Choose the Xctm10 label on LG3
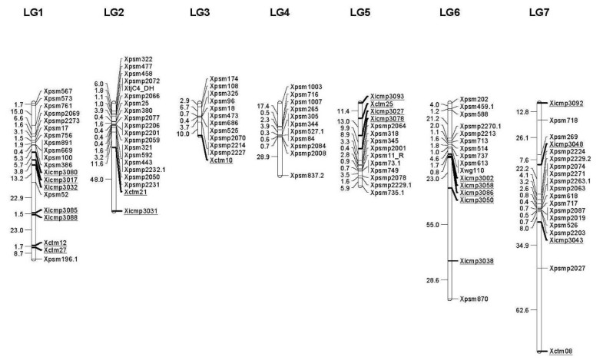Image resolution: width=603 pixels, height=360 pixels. pos(221,161)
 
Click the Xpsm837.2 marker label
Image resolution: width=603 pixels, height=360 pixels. pos(308,176)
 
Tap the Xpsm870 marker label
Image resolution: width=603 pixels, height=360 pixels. pos(475,298)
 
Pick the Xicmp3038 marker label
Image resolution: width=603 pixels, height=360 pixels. pos(477,261)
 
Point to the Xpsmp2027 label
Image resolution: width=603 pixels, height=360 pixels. pos(568,268)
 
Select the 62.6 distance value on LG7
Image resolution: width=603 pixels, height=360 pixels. pos(522,310)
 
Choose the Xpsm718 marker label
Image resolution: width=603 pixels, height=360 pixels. pos(562,121)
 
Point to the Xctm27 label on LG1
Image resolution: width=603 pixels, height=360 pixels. pos(55,250)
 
